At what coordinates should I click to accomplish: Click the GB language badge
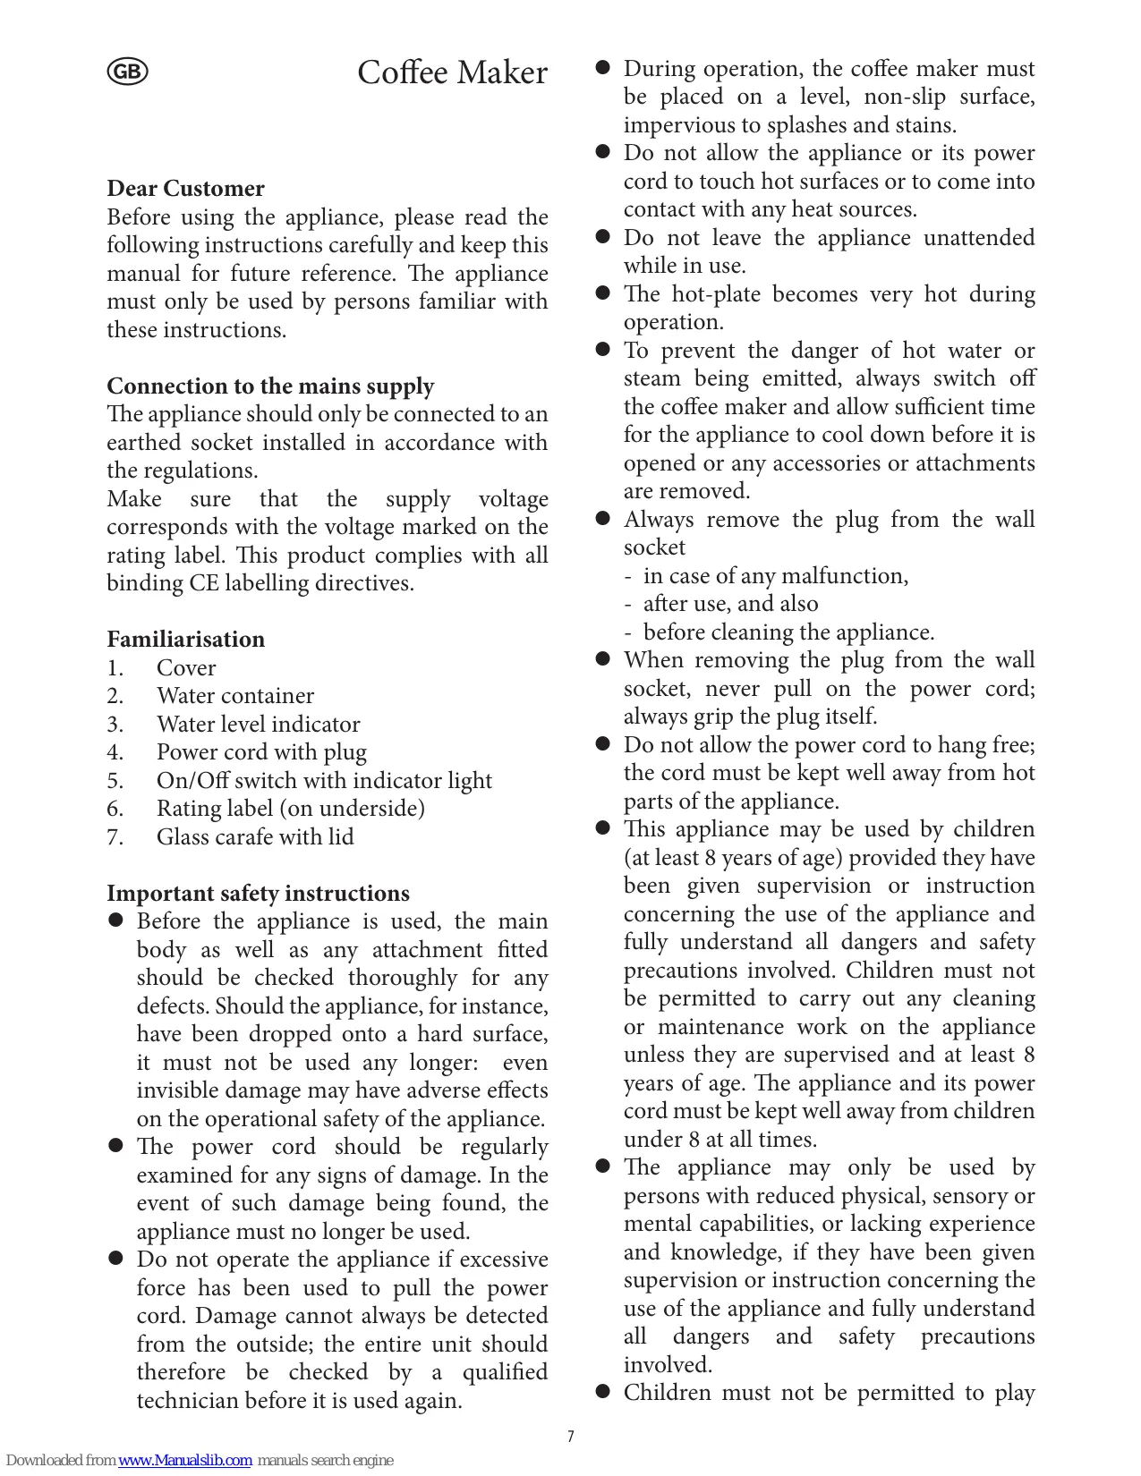click(x=127, y=72)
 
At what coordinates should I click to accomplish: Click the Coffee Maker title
click(x=452, y=72)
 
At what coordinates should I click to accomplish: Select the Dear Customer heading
click(x=185, y=189)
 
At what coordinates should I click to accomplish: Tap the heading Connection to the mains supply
click(x=270, y=386)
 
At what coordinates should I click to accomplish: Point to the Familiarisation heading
click(x=185, y=640)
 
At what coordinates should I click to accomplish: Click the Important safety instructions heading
click(x=258, y=894)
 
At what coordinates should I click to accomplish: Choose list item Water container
click(x=235, y=696)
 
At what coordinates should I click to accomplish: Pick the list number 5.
click(x=115, y=781)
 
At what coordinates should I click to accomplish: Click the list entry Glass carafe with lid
click(x=255, y=837)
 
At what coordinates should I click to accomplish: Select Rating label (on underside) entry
click(x=291, y=809)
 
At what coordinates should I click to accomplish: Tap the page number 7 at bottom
click(x=570, y=1437)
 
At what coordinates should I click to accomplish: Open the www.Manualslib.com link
click(x=184, y=1461)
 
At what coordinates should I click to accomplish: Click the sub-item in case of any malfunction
click(x=775, y=576)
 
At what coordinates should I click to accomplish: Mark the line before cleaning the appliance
click(x=788, y=632)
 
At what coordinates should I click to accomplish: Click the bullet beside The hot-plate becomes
click(x=603, y=293)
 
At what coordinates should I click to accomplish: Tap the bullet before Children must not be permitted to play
click(x=603, y=1392)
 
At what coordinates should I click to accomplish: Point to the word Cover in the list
click(x=186, y=668)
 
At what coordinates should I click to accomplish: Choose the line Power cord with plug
click(x=261, y=752)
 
